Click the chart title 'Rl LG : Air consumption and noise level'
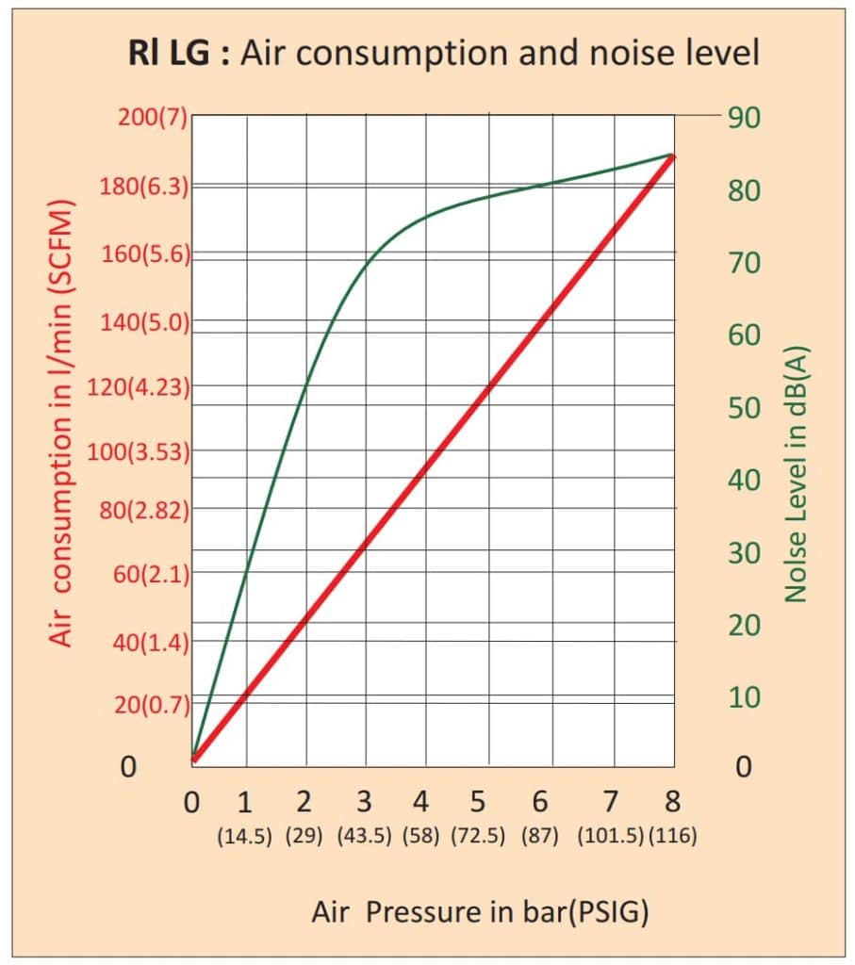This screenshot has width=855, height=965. pyautogui.click(x=442, y=53)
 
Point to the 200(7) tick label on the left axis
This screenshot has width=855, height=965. pyautogui.click(x=153, y=120)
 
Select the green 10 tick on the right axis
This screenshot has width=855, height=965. pyautogui.click(x=743, y=697)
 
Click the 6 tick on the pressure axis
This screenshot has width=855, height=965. pyautogui.click(x=540, y=802)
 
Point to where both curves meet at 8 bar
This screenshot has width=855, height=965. pyautogui.click(x=672, y=155)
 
